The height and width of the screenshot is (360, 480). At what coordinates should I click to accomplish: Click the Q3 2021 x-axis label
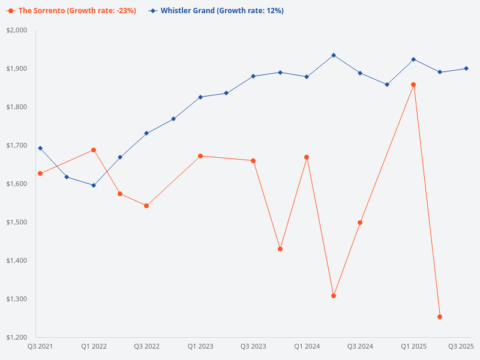pyautogui.click(x=40, y=346)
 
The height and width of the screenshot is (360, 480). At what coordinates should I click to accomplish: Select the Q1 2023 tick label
pyautogui.click(x=200, y=346)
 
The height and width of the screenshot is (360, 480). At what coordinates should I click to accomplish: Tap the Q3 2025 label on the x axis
pyautogui.click(x=461, y=346)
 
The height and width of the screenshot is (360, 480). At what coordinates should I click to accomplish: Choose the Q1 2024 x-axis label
pyautogui.click(x=307, y=346)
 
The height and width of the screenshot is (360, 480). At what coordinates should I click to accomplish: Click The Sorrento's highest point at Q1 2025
pyautogui.click(x=413, y=85)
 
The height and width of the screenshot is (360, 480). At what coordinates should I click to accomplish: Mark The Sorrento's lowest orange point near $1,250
pyautogui.click(x=440, y=317)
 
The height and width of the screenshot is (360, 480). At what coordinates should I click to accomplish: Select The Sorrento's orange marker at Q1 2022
pyautogui.click(x=94, y=150)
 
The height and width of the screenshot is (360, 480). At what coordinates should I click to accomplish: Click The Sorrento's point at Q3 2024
pyautogui.click(x=360, y=223)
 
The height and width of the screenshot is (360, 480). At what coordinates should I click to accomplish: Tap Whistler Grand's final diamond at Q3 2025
pyautogui.click(x=466, y=68)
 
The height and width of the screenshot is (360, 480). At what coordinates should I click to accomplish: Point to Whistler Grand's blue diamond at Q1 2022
pyautogui.click(x=94, y=185)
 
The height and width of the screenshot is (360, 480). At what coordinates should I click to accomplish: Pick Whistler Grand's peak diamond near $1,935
pyautogui.click(x=334, y=55)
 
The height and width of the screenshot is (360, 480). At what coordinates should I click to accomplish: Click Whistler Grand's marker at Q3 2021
pyautogui.click(x=40, y=148)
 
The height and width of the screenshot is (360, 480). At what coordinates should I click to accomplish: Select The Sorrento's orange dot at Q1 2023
pyautogui.click(x=200, y=156)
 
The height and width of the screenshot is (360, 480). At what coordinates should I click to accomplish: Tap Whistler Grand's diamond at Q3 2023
pyautogui.click(x=253, y=76)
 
